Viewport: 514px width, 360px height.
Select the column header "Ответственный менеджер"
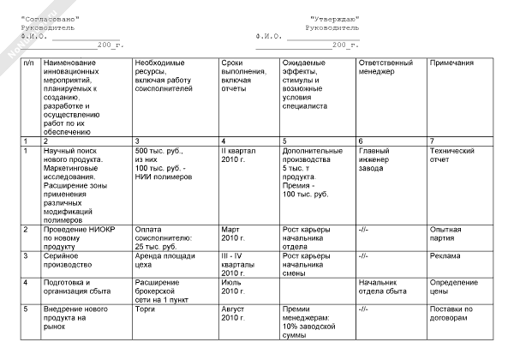(x=383, y=68)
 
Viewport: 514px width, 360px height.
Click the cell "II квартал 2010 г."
(x=239, y=154)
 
